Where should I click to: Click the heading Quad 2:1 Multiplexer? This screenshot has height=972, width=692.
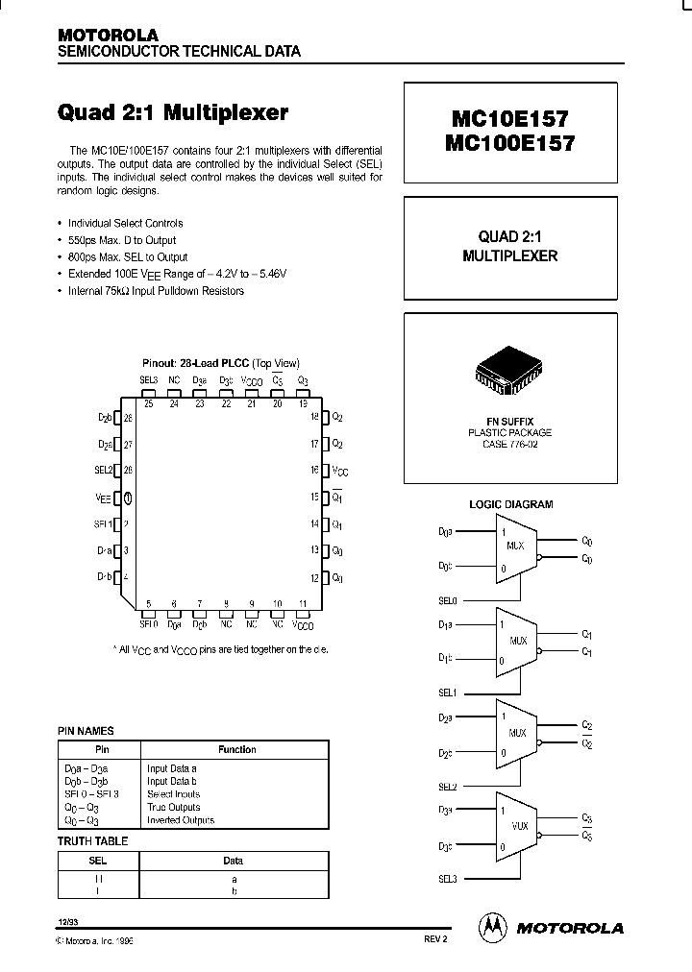[x=173, y=112]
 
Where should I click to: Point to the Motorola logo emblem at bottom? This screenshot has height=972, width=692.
[x=492, y=926]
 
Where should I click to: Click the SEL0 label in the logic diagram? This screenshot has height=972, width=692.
[x=447, y=600]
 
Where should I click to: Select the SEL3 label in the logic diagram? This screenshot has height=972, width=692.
[x=447, y=879]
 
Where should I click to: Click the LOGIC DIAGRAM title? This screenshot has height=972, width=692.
[x=510, y=504]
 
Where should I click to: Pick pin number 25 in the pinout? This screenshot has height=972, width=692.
[x=148, y=404]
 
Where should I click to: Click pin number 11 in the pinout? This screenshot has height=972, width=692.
[x=303, y=605]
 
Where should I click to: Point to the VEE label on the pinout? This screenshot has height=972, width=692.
[x=103, y=498]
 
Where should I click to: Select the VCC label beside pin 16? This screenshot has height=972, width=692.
[x=340, y=472]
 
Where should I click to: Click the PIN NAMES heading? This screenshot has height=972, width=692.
[x=86, y=731]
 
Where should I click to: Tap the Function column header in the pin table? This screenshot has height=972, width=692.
[x=236, y=749]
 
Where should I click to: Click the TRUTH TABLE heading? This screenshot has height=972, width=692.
[x=92, y=841]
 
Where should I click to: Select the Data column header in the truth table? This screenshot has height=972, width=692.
[x=234, y=861]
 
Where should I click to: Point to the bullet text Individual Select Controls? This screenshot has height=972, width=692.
[x=125, y=223]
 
